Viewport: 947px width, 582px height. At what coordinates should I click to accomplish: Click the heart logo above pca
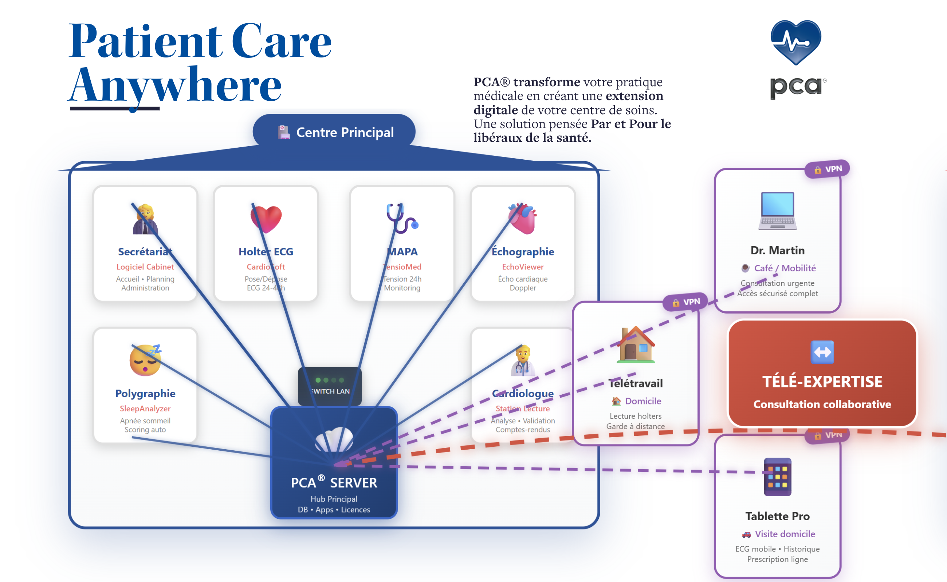795,41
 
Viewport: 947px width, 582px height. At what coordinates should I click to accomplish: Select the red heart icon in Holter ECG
266,219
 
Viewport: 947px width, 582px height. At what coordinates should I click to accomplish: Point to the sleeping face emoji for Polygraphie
145,360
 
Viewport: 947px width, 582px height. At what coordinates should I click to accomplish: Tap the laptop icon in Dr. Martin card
777,211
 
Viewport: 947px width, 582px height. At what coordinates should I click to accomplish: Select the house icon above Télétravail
636,345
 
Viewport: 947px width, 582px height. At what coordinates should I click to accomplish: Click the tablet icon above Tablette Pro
777,477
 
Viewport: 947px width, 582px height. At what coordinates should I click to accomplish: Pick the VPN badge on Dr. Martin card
828,169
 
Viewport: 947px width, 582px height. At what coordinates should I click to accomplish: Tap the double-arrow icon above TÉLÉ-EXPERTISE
822,352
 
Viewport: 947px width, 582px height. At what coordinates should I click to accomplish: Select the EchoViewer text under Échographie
523,267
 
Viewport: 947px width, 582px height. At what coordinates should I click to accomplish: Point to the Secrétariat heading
145,252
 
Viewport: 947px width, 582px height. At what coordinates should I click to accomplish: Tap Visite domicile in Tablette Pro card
785,534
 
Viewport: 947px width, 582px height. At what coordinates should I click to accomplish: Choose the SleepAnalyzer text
145,408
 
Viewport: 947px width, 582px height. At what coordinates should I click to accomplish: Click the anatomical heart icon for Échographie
523,218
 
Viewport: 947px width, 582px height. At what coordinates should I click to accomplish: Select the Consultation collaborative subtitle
822,404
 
